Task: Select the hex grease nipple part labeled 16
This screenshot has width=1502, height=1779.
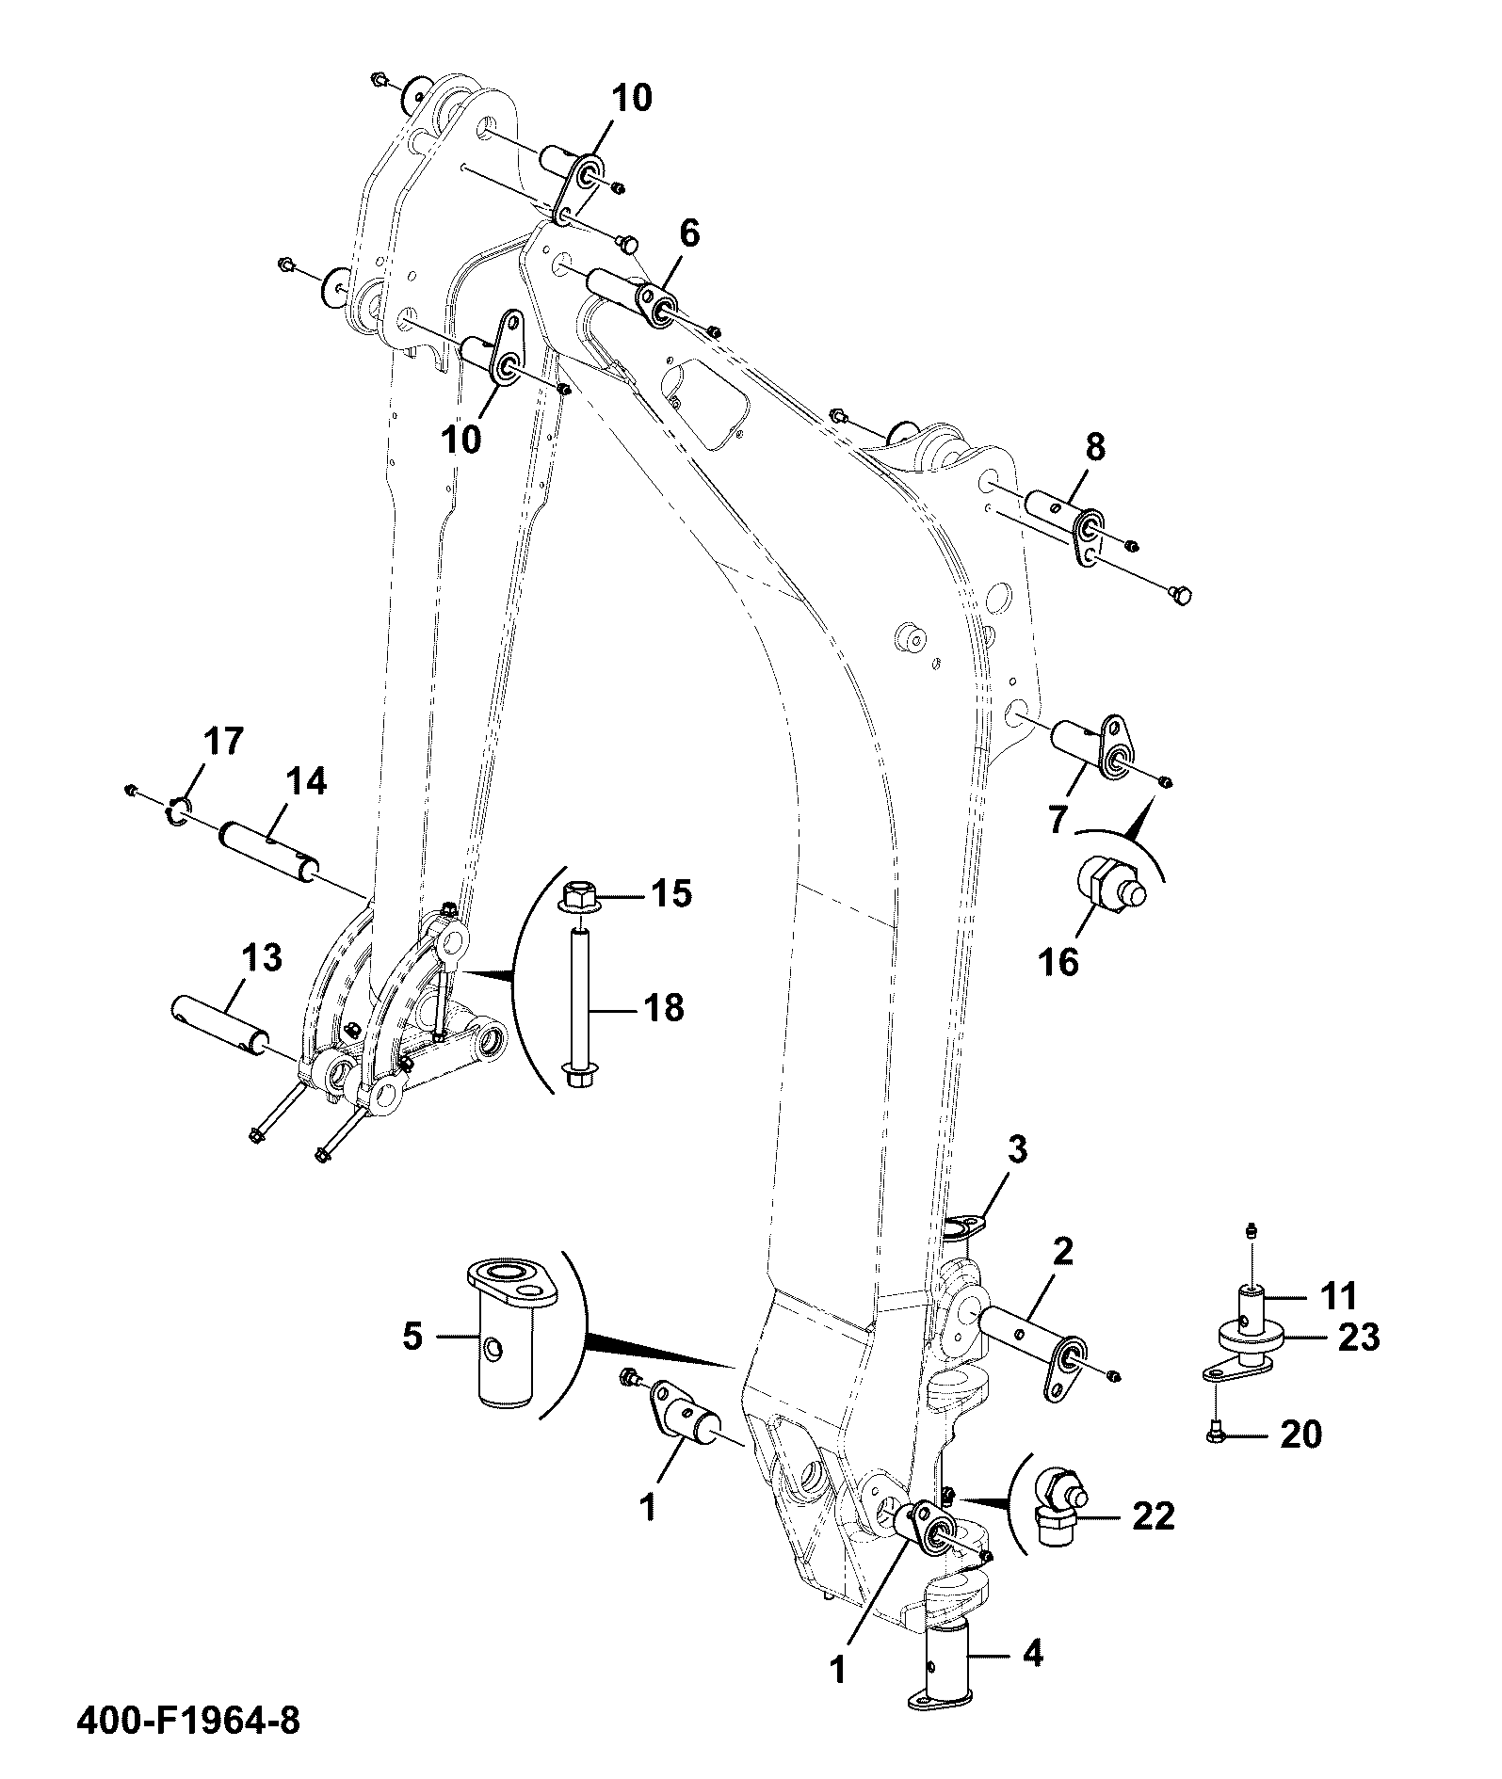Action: (x=1111, y=883)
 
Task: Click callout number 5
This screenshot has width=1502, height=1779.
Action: (x=413, y=1337)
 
